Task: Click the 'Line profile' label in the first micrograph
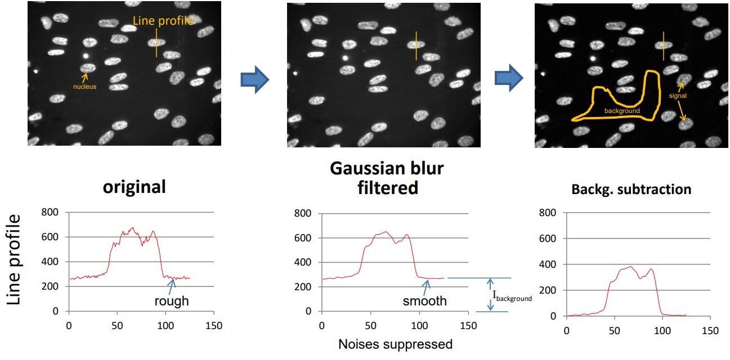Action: tap(163, 21)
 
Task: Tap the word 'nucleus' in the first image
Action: tap(84, 87)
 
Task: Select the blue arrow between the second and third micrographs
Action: tap(509, 77)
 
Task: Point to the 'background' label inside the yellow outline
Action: tap(622, 111)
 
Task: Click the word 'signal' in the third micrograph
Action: tap(678, 96)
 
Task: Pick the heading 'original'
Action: tap(134, 187)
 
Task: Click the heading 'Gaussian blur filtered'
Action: tap(387, 178)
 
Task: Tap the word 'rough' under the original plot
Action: tap(172, 301)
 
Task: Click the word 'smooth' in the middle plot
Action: tap(424, 301)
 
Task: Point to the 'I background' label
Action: tap(512, 296)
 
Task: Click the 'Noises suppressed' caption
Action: tap(395, 344)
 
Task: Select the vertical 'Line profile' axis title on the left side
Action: tap(17, 259)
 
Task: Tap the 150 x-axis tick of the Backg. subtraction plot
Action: tap(710, 330)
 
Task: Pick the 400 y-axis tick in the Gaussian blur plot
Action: tap(302, 262)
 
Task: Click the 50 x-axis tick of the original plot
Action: tap(117, 325)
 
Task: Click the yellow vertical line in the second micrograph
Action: tap(416, 46)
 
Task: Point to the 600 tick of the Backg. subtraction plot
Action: tap(548, 238)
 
